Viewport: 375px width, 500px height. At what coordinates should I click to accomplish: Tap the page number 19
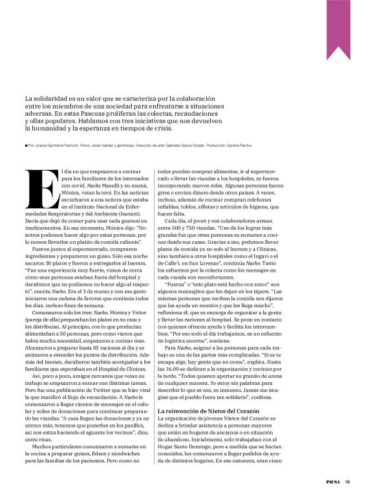point(347,481)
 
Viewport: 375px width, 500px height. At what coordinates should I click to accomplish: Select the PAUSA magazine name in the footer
point(332,481)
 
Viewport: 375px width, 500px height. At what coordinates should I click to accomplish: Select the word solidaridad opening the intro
point(50,98)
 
